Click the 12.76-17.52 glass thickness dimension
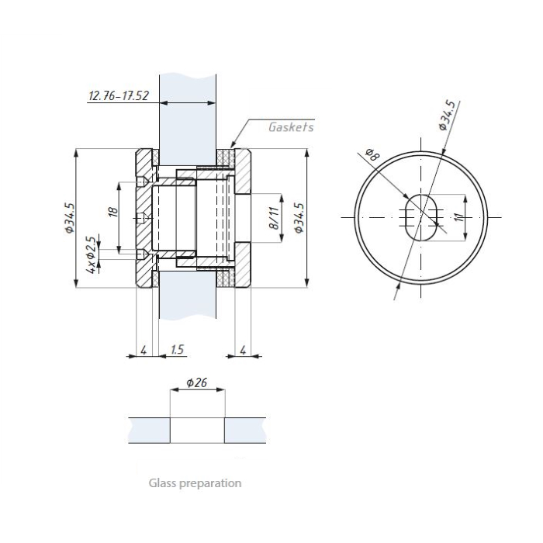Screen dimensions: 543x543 (x=119, y=95)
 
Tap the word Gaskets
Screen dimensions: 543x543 (x=291, y=127)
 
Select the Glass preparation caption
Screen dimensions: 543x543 (x=195, y=483)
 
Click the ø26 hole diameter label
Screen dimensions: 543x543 (x=197, y=382)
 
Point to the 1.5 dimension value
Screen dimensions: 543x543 (x=178, y=349)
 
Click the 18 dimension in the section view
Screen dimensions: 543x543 (x=113, y=212)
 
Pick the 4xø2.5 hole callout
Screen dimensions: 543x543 (x=91, y=255)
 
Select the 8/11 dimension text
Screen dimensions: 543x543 (x=274, y=218)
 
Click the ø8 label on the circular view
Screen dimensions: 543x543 (x=372, y=154)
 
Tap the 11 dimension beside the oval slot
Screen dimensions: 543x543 (x=459, y=217)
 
